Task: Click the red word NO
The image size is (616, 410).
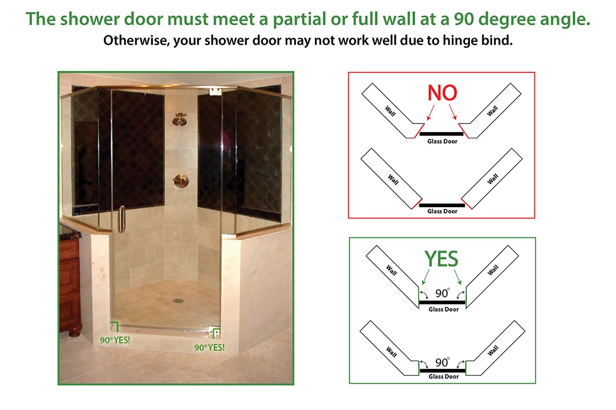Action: point(443,93)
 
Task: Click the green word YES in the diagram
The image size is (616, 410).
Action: point(441,259)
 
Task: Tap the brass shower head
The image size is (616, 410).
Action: point(180,119)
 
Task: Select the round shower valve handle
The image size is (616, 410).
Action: point(181,181)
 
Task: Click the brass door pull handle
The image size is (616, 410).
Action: point(122,219)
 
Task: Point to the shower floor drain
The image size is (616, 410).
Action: point(179,301)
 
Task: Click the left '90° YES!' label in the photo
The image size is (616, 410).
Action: point(115,340)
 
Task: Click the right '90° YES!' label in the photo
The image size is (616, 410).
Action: point(209,347)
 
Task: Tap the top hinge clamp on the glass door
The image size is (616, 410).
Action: point(214,92)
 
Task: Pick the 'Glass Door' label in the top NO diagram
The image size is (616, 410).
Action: point(443,141)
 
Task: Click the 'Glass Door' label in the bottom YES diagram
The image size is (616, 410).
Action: point(444,376)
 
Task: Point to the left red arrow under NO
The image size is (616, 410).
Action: point(431,112)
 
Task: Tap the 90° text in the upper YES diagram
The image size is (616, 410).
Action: point(443,293)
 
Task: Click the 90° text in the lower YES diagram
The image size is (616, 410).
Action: point(443,362)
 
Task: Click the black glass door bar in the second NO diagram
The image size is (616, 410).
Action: point(442,205)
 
